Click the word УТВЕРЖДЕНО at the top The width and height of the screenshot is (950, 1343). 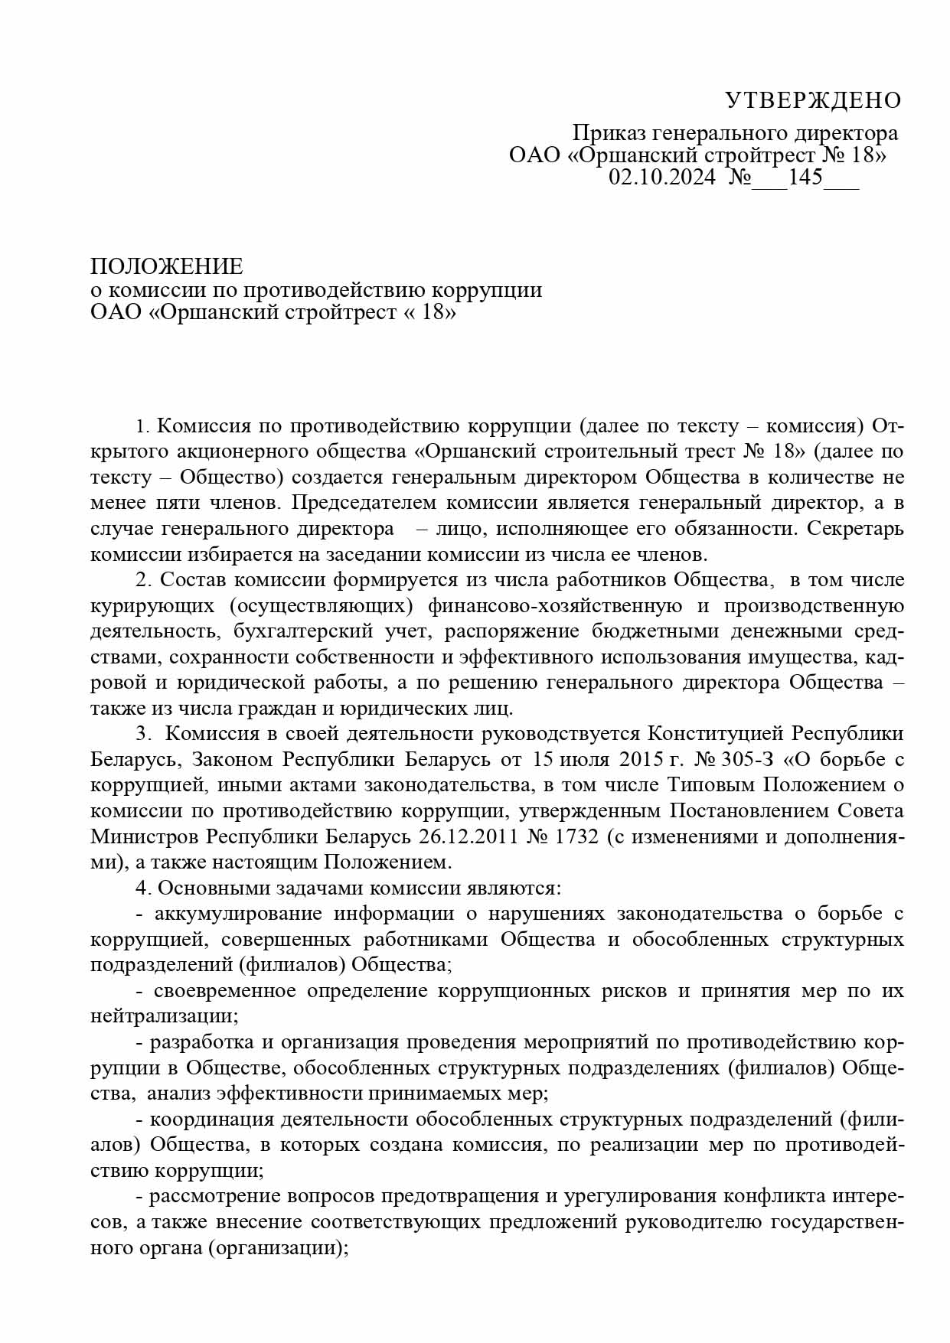click(813, 100)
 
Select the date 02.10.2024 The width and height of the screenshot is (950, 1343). click(662, 178)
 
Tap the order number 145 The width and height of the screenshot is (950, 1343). click(798, 178)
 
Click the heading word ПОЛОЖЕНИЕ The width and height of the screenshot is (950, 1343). click(166, 266)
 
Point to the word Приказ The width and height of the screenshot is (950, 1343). click(609, 133)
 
